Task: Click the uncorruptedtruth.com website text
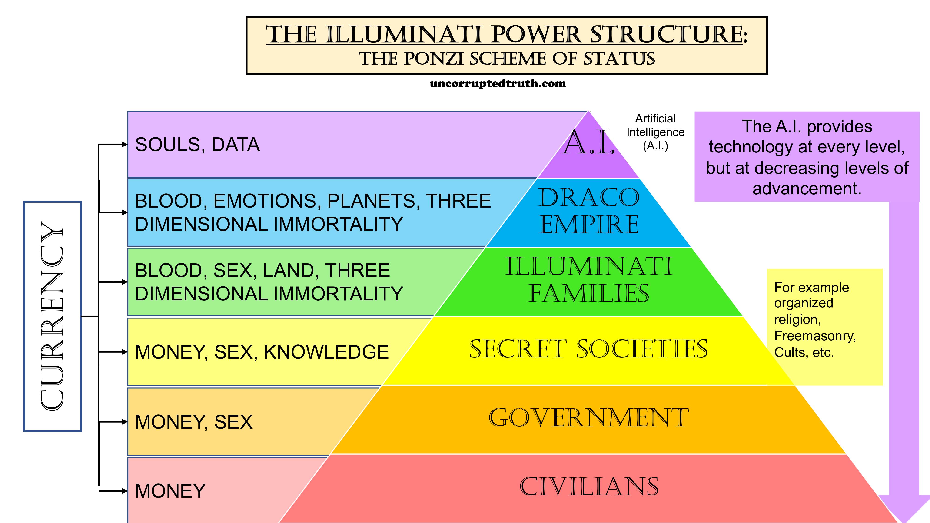point(498,84)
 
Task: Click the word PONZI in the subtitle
point(433,59)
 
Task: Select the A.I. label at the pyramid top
point(588,143)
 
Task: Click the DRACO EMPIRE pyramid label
point(588,211)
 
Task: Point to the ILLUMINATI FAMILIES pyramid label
point(588,280)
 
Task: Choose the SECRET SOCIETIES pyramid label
point(588,349)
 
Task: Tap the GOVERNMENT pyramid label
point(588,418)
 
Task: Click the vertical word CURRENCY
point(52,316)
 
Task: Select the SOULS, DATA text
point(197,145)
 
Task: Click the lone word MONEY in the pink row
point(170,491)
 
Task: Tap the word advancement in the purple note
point(807,189)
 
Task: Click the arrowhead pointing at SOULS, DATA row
point(125,145)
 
